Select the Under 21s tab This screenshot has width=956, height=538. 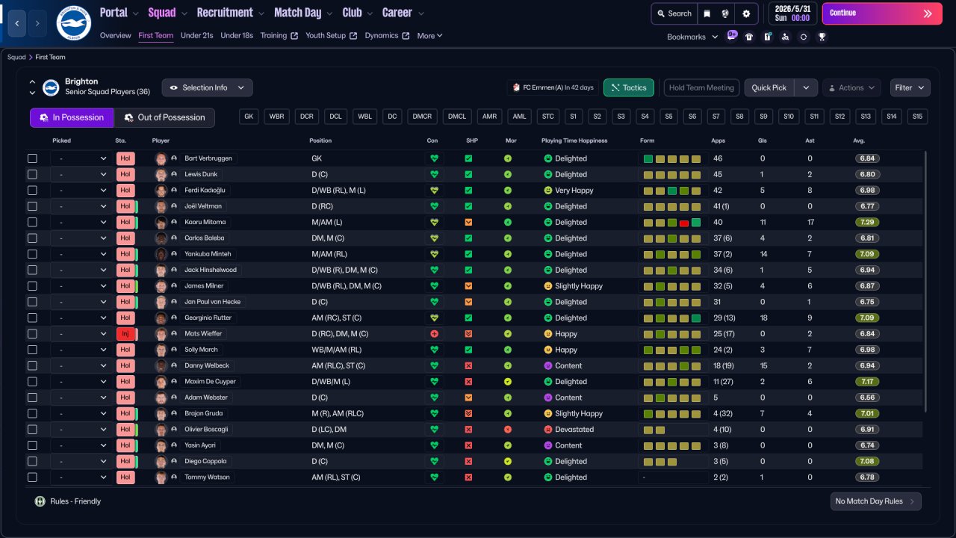point(197,36)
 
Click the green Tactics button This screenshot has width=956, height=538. point(628,87)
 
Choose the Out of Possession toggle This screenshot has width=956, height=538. point(164,117)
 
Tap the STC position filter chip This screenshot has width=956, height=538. point(548,117)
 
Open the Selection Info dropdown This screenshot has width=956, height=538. point(207,87)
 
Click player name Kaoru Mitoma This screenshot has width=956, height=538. point(205,222)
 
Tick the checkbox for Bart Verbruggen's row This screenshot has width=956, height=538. point(32,158)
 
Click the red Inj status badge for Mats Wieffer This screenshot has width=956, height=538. point(125,334)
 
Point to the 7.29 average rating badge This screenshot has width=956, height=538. point(867,222)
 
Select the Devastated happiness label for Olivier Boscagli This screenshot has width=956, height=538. point(574,430)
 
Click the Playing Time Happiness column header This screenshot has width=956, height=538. point(574,140)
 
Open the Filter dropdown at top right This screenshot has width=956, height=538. point(910,87)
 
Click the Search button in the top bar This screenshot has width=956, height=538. point(674,13)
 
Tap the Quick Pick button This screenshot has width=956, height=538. point(769,87)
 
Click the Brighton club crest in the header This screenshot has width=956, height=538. point(73,23)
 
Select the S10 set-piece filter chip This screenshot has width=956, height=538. point(788,117)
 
